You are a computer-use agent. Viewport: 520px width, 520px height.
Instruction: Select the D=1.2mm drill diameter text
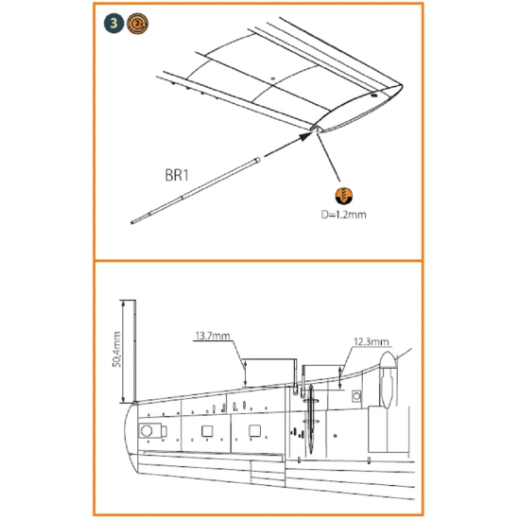(344, 215)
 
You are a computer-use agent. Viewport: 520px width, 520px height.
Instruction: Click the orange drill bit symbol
(344, 195)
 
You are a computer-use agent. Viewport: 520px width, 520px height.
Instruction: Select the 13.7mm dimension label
(214, 336)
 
